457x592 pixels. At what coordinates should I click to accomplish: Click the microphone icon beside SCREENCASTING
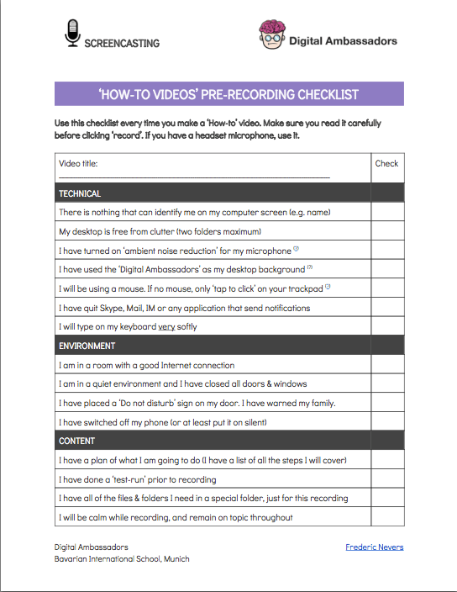73,33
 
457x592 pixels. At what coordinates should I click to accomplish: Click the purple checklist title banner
228,93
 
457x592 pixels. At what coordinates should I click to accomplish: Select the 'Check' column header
386,163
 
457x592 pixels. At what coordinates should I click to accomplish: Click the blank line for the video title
193,175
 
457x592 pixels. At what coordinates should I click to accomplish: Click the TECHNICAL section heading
80,193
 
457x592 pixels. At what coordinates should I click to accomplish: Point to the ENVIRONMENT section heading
87,346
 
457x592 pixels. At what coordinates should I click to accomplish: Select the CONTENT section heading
77,441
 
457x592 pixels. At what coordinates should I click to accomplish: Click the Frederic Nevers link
374,547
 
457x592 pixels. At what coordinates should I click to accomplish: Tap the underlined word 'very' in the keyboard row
166,326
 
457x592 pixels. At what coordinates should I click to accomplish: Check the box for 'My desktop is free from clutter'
387,231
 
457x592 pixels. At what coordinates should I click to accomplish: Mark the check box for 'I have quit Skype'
387,308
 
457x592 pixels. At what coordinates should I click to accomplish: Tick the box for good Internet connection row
387,365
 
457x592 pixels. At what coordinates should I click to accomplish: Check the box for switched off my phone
387,422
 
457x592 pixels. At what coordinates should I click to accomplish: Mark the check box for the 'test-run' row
387,479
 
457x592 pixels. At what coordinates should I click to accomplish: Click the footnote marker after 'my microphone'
297,249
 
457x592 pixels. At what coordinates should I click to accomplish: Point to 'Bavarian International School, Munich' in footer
122,559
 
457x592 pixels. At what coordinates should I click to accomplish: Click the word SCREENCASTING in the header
122,43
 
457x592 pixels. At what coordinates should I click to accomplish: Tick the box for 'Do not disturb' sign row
387,403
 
